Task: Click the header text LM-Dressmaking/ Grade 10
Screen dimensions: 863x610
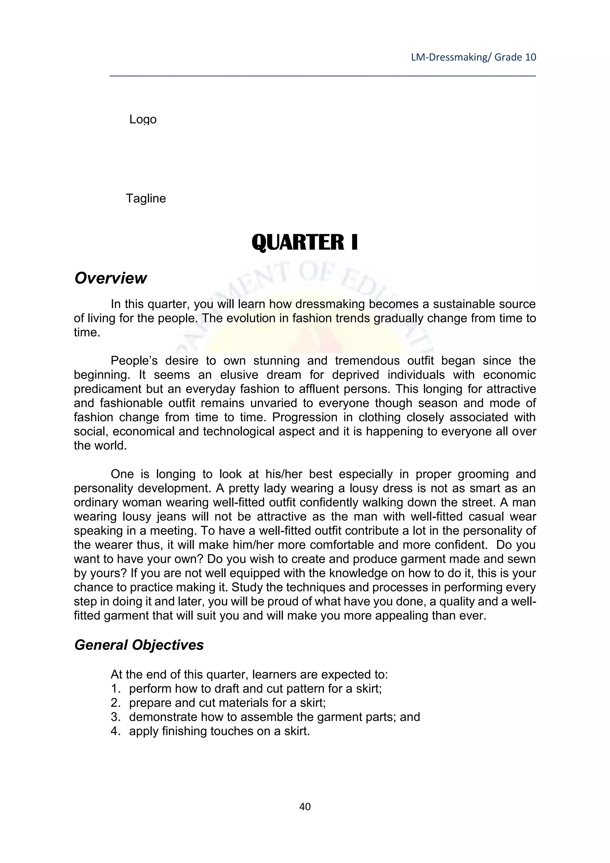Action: (473, 57)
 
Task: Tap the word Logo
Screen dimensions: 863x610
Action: (143, 119)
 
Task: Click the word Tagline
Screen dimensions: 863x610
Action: (146, 198)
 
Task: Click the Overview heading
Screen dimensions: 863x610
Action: (111, 278)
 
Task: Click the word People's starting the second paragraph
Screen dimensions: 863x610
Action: (134, 361)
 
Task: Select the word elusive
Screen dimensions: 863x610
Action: (239, 375)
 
